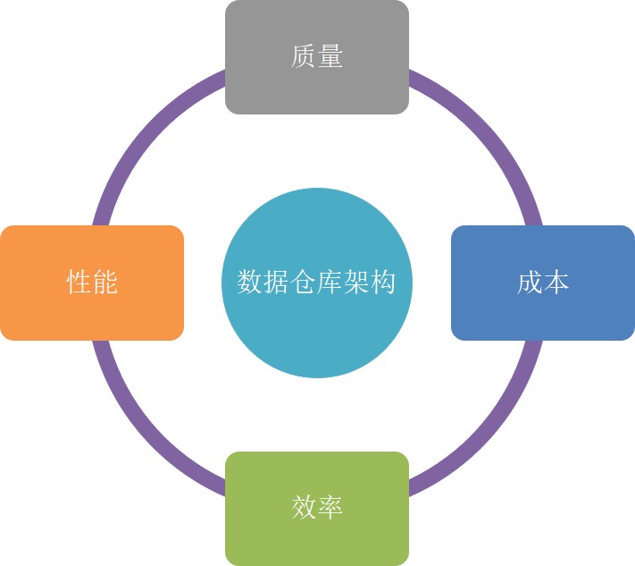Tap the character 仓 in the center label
[x=303, y=283]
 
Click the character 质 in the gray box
[x=304, y=57]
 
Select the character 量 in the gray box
[x=330, y=57]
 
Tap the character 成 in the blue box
[x=530, y=283]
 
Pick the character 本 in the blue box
[x=556, y=283]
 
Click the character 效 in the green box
[x=304, y=508]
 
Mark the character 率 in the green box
[x=330, y=508]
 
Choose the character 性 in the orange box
[x=79, y=283]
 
